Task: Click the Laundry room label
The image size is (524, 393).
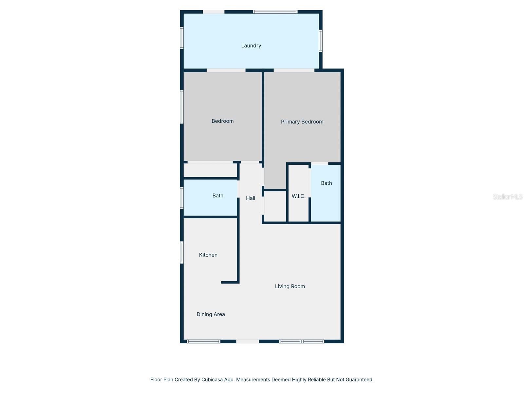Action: [x=251, y=46]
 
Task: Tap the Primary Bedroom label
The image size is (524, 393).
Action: [x=302, y=122]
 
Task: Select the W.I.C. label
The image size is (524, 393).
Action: [x=298, y=196]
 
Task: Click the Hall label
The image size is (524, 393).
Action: [x=251, y=198]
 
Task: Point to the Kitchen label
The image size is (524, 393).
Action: [x=208, y=255]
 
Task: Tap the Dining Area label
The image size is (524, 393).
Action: [x=211, y=314]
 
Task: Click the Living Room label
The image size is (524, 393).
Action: [x=290, y=287]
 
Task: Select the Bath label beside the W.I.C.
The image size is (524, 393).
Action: [x=326, y=183]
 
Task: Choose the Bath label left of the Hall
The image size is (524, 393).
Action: [x=218, y=196]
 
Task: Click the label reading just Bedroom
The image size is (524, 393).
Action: [x=222, y=121]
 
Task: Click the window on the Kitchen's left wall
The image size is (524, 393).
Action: [x=182, y=253]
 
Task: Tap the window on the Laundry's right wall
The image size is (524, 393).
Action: [x=321, y=41]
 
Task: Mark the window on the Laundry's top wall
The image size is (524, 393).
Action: [x=275, y=12]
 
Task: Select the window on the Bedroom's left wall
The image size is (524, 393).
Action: [x=182, y=107]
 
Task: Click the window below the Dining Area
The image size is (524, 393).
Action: [x=203, y=341]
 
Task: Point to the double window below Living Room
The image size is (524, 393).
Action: [x=302, y=341]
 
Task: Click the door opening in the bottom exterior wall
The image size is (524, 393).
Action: [x=248, y=341]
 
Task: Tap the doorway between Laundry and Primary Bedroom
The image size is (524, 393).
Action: [x=294, y=70]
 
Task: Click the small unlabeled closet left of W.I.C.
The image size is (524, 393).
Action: [x=275, y=206]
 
